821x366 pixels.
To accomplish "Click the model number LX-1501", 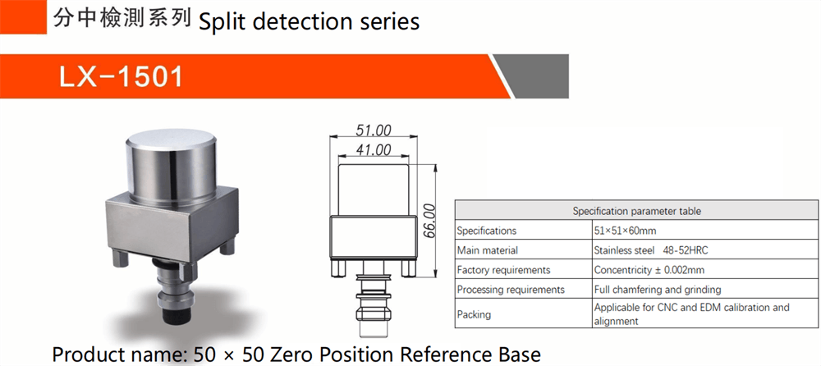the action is [122, 77].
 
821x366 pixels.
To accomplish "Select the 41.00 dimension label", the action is [374, 149].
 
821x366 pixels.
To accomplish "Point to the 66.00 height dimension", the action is [429, 221].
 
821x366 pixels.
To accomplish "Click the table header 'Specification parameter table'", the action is [637, 212].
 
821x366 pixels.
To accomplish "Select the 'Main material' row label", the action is [488, 250].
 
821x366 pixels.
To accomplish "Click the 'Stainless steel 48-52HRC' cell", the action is [651, 250].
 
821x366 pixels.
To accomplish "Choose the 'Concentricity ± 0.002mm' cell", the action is [649, 270].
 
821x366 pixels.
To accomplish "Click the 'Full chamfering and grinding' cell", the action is [658, 290].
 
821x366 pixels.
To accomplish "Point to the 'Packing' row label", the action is [474, 314].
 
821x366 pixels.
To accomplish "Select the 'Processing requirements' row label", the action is [511, 290].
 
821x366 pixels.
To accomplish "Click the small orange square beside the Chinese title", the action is [23, 16].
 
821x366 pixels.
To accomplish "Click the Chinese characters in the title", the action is [122, 19].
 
